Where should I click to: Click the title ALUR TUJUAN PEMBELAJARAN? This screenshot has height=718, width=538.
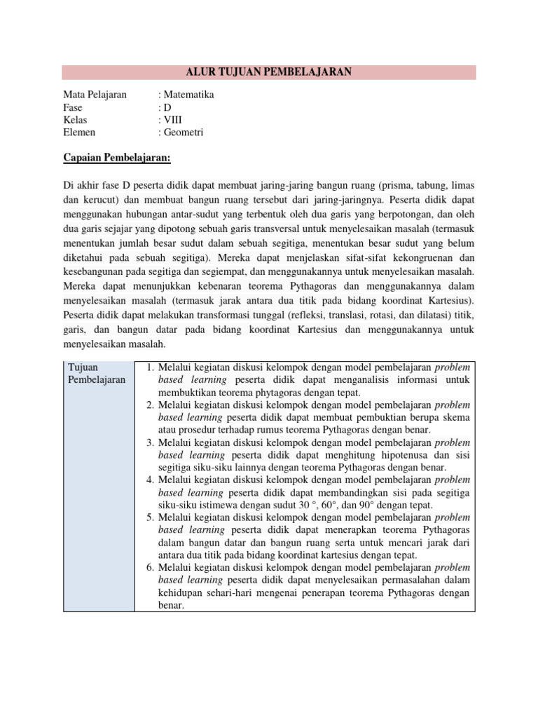pyautogui.click(x=268, y=72)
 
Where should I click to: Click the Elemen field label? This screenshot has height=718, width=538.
pyautogui.click(x=79, y=133)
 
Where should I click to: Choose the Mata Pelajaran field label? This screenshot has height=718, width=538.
pyautogui.click(x=95, y=95)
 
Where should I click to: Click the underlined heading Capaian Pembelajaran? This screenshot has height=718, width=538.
pyautogui.click(x=117, y=158)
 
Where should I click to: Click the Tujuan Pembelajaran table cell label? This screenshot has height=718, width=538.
pyautogui.click(x=97, y=374)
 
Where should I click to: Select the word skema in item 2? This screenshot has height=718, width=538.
pyautogui.click(x=455, y=418)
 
